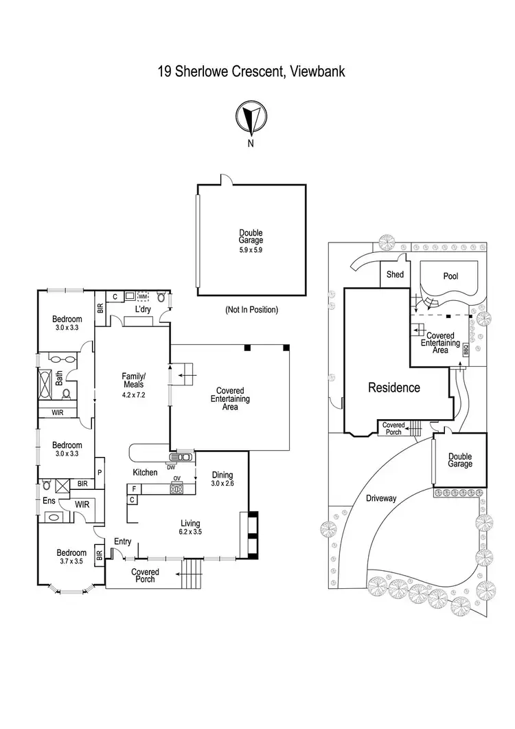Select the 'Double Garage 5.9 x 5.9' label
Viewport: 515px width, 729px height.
pyautogui.click(x=251, y=241)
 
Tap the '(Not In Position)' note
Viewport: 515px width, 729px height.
pyautogui.click(x=251, y=310)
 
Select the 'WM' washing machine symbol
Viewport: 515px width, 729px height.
pyautogui.click(x=143, y=297)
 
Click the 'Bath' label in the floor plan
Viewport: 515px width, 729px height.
pyautogui.click(x=59, y=377)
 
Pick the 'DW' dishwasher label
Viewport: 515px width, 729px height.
pyautogui.click(x=171, y=467)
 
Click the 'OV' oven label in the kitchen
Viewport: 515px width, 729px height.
pyautogui.click(x=176, y=479)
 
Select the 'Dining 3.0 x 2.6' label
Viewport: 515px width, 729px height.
pyautogui.click(x=222, y=479)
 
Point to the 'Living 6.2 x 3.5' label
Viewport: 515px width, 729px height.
pyautogui.click(x=191, y=527)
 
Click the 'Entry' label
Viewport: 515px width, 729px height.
pyautogui.click(x=122, y=542)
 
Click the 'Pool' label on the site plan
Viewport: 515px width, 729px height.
pyautogui.click(x=450, y=276)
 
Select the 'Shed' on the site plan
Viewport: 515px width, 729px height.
pyautogui.click(x=396, y=275)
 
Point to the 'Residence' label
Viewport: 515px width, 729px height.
pyautogui.click(x=394, y=388)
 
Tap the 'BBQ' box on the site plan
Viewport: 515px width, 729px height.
pyautogui.click(x=466, y=348)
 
